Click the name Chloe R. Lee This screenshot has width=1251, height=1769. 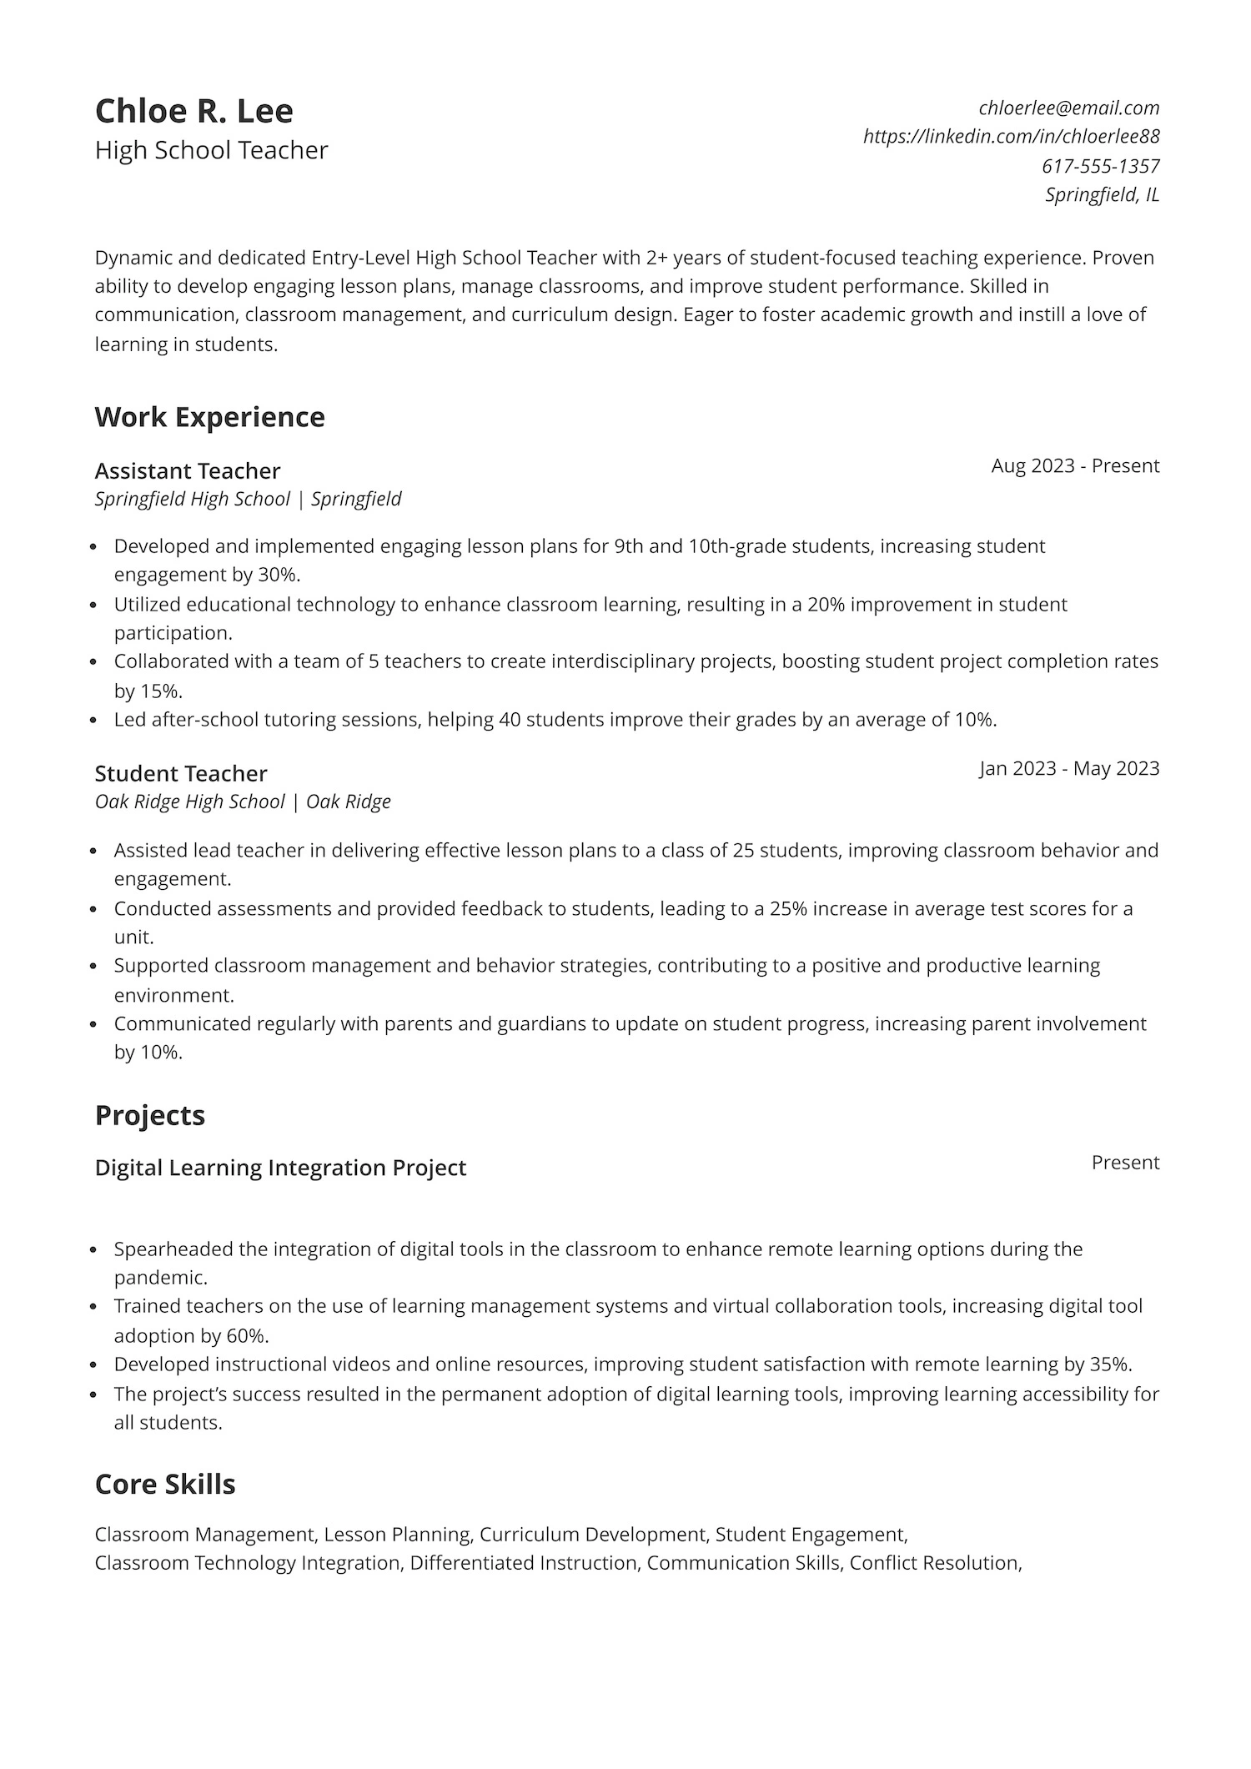[x=193, y=111]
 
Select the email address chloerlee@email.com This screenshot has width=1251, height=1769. [x=1069, y=108]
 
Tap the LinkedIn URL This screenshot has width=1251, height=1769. [x=1011, y=136]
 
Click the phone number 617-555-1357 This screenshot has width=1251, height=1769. [x=1100, y=166]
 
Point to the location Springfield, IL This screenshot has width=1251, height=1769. [x=1102, y=195]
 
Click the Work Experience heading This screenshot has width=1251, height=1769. [x=209, y=417]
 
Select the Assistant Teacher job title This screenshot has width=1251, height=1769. [x=188, y=471]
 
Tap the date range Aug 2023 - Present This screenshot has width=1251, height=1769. [x=1075, y=465]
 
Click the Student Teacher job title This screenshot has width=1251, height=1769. [x=181, y=773]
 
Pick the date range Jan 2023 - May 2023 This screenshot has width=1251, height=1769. [x=1069, y=768]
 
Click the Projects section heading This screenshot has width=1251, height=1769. [x=150, y=1115]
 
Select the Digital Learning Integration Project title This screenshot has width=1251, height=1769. [x=280, y=1168]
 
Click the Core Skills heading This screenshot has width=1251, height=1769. [x=165, y=1484]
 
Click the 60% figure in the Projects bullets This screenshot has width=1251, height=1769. [x=246, y=1335]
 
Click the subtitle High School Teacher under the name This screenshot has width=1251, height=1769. [x=212, y=150]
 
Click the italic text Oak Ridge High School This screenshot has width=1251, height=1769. [x=189, y=802]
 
